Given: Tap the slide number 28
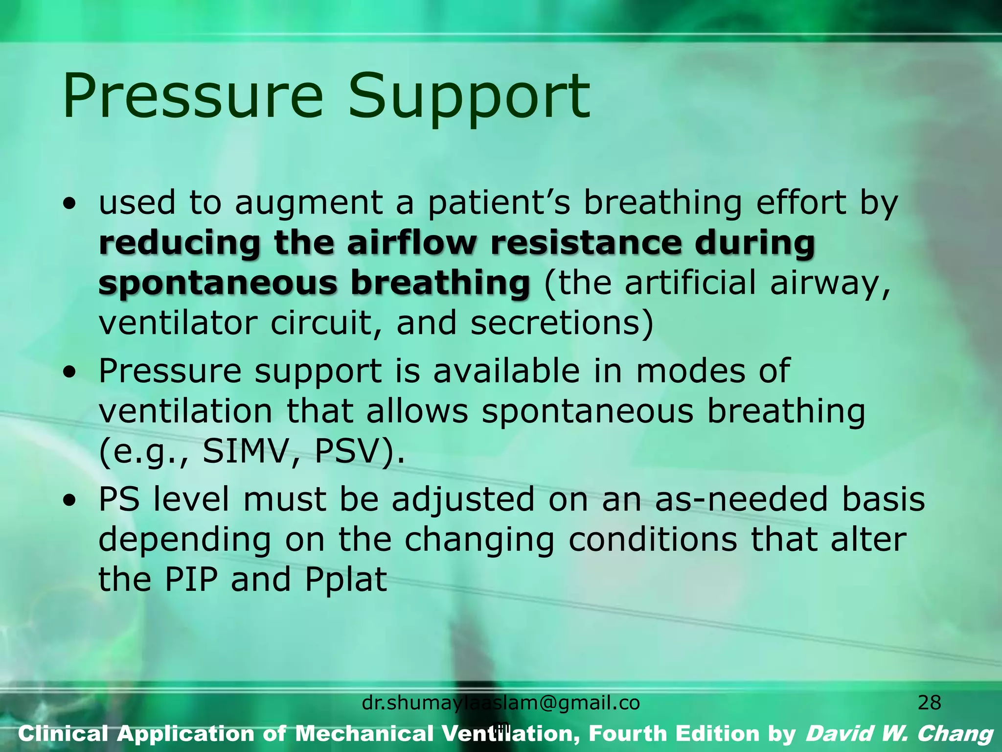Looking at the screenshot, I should tap(929, 703).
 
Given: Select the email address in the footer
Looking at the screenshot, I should tap(501, 704).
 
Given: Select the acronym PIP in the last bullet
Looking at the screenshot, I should tap(191, 579).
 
